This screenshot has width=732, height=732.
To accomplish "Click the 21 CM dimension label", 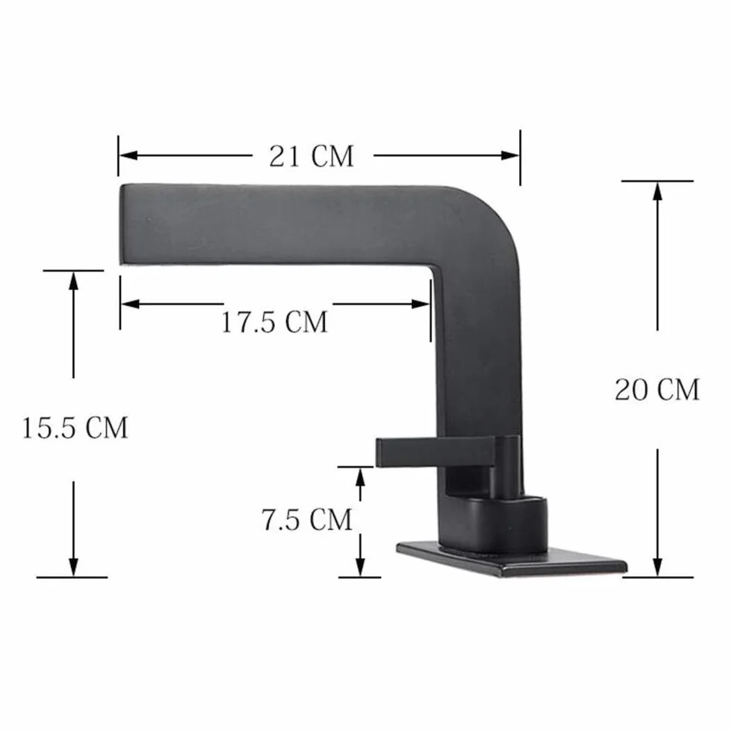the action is (311, 156).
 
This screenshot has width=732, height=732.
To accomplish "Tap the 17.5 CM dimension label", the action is (274, 322).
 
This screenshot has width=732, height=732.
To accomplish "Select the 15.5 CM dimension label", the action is (75, 427).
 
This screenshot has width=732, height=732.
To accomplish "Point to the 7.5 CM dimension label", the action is (306, 520).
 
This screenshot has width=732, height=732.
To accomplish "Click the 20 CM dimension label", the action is (657, 390).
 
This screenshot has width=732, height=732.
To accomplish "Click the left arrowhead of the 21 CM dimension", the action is (128, 155).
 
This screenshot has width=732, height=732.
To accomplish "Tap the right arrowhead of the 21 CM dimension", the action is (509, 155).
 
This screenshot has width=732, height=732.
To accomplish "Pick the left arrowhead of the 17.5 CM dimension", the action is (130, 305).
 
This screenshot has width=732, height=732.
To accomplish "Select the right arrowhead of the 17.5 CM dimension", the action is (420, 305).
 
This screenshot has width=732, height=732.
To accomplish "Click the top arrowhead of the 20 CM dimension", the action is (657, 191).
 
